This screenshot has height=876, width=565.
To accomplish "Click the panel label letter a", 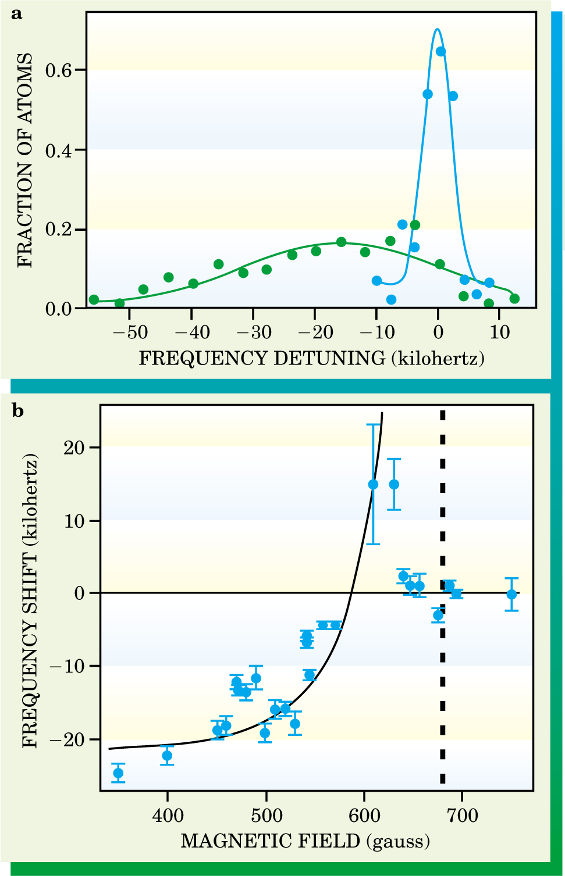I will (x=17, y=14).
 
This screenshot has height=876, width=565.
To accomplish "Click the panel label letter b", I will (x=18, y=411).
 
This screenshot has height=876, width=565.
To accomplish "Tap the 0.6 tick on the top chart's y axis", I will (x=58, y=70).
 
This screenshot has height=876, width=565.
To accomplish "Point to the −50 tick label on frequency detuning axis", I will (x=130, y=332).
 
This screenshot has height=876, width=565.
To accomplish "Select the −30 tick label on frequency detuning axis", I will (x=253, y=332).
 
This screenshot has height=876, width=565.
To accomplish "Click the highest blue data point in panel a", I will (x=440, y=51).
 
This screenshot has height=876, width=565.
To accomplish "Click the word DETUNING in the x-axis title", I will (x=329, y=358).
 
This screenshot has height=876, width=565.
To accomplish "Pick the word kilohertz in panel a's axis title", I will (x=438, y=358).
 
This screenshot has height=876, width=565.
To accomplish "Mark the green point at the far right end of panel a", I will (x=514, y=299).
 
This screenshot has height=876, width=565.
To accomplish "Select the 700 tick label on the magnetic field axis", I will (x=463, y=816).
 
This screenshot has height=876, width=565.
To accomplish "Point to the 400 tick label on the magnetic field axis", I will (x=168, y=816).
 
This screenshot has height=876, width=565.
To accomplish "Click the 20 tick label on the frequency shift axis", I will (x=74, y=448).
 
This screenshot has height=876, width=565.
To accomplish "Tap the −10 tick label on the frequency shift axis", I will (x=67, y=666).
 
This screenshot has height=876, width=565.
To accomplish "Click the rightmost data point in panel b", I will (x=511, y=594).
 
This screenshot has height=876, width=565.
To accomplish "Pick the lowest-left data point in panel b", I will (x=118, y=773).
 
